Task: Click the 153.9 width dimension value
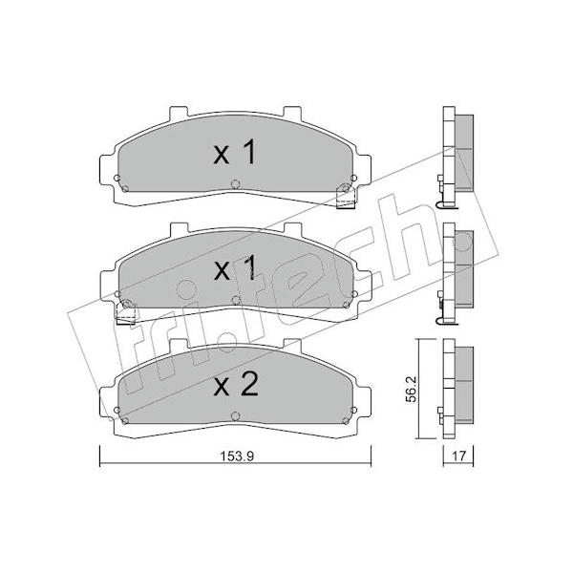[x=237, y=456]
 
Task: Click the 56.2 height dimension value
[x=411, y=389]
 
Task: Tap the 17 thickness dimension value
[x=459, y=456]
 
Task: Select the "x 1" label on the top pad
[x=235, y=153]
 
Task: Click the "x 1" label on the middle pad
[x=235, y=269]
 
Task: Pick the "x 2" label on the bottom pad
[x=236, y=385]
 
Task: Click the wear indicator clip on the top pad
[x=346, y=197]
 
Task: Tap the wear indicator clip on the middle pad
[x=126, y=312]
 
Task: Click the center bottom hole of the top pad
[x=236, y=183]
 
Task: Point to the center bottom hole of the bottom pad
[x=236, y=415]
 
